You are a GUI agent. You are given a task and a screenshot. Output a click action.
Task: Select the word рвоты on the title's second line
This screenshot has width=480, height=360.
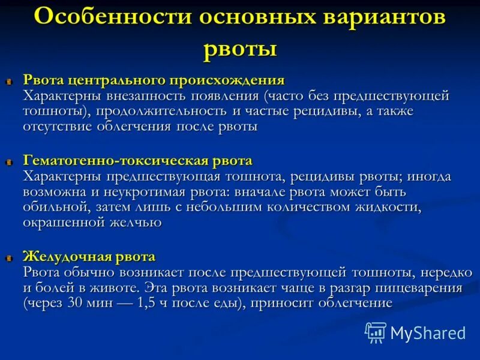point(240,48)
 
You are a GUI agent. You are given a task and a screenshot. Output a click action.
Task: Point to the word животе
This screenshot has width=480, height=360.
point(113,288)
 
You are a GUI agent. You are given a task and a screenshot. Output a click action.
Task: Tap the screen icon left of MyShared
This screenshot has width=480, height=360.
point(376,332)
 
